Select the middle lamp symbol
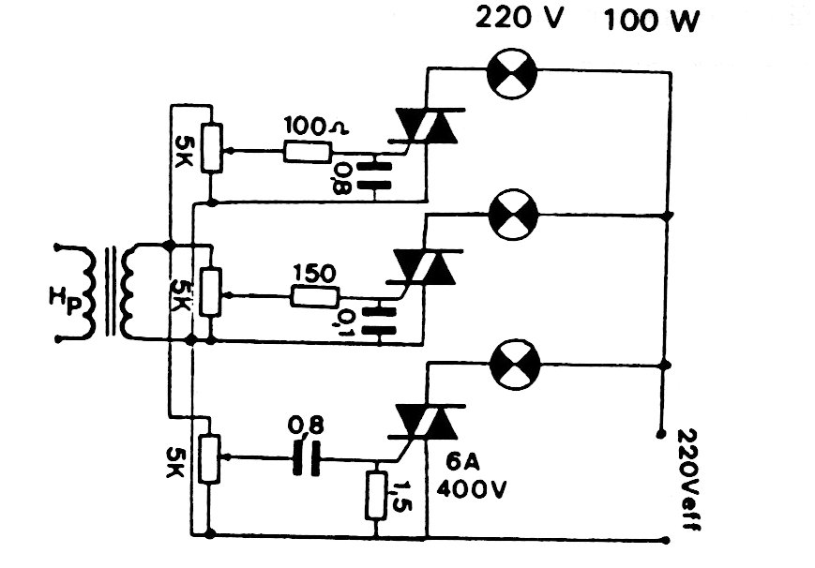pyautogui.click(x=513, y=214)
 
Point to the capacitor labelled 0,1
pyautogui.click(x=380, y=318)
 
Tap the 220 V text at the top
pyautogui.click(x=520, y=19)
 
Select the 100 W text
pyautogui.click(x=652, y=20)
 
